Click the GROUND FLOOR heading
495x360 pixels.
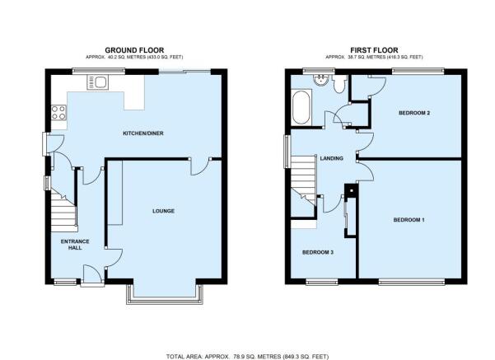[x=134, y=50]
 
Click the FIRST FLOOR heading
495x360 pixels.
[x=374, y=50]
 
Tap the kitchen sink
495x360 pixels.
[x=97, y=82]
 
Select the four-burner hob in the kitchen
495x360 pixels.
[x=59, y=113]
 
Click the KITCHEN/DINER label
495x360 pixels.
[x=143, y=133]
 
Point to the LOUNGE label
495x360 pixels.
[x=163, y=211]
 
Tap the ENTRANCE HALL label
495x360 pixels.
[x=75, y=245]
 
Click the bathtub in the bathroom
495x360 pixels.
[x=301, y=108]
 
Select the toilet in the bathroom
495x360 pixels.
[x=339, y=83]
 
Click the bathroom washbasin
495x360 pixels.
[x=321, y=80]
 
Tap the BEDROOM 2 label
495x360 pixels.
[x=414, y=113]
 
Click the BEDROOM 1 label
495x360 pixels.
[x=409, y=220]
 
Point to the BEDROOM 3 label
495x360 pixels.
[x=318, y=252]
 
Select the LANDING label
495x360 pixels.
[x=331, y=158]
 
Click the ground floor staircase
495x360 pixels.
[x=64, y=210]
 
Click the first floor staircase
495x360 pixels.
[x=303, y=179]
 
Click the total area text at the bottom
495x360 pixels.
[x=247, y=357]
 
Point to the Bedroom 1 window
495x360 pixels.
[x=412, y=282]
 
